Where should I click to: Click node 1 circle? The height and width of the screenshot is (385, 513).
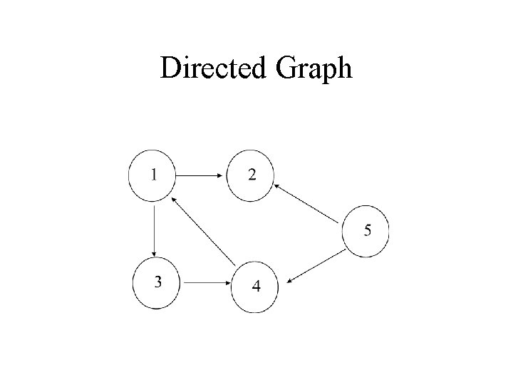click(x=152, y=175)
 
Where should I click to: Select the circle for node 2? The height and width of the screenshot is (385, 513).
click(x=250, y=175)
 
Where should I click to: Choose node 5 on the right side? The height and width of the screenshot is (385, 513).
click(x=366, y=230)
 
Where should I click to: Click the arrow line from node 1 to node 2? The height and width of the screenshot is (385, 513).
click(x=199, y=174)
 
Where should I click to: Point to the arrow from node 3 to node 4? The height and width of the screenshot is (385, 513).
click(x=205, y=283)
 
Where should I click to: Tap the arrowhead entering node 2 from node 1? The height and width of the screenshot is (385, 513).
click(x=221, y=174)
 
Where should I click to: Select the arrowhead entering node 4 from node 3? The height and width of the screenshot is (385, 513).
click(x=227, y=283)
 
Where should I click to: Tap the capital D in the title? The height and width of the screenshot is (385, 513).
click(x=170, y=68)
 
